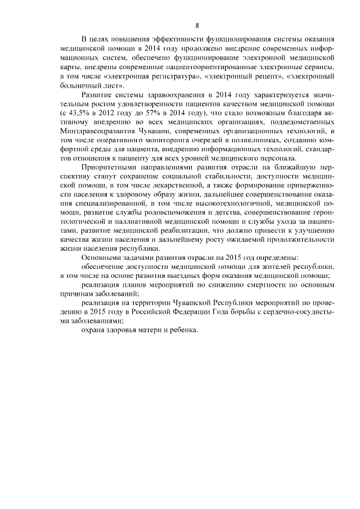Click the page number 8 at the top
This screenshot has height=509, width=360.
pos(197,25)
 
